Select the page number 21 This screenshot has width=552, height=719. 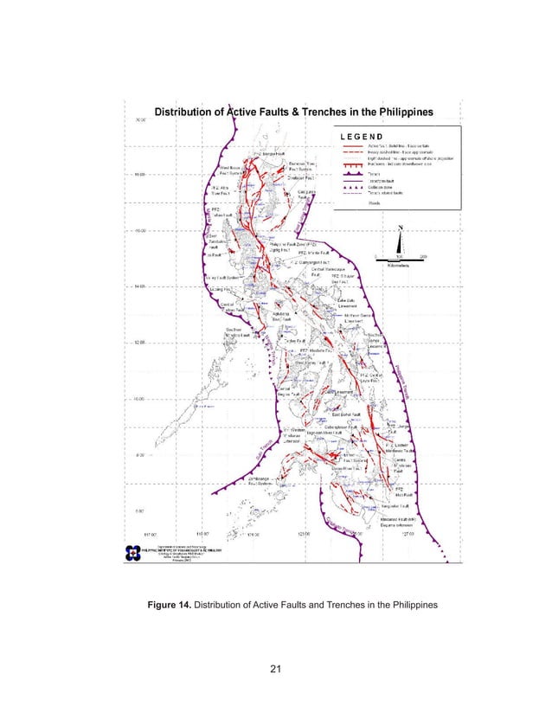[276, 668]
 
